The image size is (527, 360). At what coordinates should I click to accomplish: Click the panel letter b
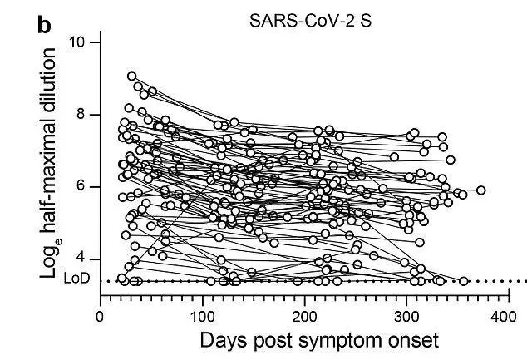[44, 25]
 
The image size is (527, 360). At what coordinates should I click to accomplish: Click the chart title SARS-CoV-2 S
[310, 21]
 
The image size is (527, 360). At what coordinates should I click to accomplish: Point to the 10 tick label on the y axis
[77, 42]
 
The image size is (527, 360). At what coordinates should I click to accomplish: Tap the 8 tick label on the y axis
[81, 115]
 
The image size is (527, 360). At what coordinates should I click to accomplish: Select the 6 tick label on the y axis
[81, 187]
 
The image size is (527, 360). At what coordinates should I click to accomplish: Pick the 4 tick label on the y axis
[81, 259]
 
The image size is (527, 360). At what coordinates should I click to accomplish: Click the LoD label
[76, 279]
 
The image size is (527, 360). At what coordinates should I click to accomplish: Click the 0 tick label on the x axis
[100, 317]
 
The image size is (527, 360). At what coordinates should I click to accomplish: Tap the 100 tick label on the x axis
[202, 317]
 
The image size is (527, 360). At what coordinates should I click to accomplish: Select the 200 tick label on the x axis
[304, 317]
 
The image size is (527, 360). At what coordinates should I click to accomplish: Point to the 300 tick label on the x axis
[406, 317]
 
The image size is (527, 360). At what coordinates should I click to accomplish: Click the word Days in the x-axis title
[224, 340]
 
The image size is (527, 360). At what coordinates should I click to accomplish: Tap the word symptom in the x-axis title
[342, 342]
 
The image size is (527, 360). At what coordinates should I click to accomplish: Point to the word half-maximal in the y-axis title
[47, 171]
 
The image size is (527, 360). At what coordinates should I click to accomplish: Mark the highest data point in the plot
[132, 76]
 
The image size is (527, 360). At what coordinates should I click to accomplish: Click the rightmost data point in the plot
[481, 190]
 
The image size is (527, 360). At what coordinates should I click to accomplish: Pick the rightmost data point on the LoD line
[464, 281]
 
